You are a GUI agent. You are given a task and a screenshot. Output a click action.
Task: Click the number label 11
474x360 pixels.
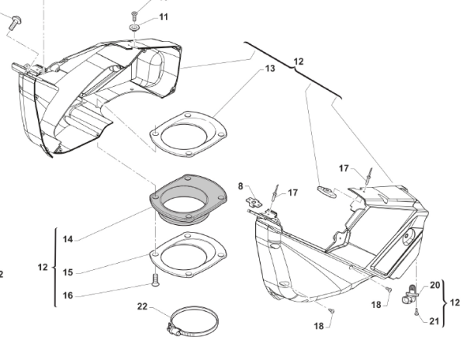point(164,17)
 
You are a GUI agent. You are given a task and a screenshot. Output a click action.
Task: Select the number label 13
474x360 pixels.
point(269,69)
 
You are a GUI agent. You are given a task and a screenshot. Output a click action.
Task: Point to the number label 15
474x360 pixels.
point(68,272)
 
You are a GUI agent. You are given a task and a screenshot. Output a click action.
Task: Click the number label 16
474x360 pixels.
point(68,295)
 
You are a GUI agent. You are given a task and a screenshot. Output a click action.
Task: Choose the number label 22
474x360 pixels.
point(141,306)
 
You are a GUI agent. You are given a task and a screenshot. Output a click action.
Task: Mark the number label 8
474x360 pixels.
point(241,187)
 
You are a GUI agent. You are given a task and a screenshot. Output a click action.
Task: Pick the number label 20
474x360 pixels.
point(435,285)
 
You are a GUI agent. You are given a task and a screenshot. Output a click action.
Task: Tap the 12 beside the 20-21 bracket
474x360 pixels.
point(455,302)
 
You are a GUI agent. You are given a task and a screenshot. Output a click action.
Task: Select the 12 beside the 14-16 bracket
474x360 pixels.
point(43,268)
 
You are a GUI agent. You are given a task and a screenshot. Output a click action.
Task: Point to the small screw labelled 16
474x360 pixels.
point(156,279)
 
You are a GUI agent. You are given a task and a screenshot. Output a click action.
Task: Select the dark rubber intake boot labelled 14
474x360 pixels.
point(186,201)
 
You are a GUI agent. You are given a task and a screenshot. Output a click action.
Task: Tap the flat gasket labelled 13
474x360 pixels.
point(189,135)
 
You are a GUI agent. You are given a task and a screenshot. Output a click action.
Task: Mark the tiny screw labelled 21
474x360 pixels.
point(416,312)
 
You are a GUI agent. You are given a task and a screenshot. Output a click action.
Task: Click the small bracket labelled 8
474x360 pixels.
point(255,200)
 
